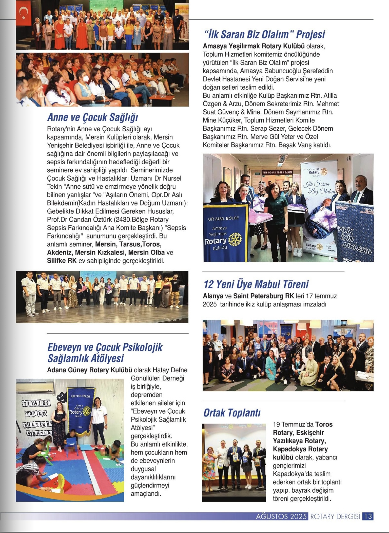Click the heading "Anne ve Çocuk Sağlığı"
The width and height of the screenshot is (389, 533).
(x=93, y=117)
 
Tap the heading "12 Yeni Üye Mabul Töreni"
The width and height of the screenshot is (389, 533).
(x=256, y=284)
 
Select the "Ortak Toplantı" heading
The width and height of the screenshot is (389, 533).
(x=232, y=413)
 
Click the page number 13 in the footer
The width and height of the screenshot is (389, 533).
(x=368, y=516)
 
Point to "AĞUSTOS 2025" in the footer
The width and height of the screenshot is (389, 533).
(x=281, y=516)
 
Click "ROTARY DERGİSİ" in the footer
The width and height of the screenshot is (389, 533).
(x=335, y=516)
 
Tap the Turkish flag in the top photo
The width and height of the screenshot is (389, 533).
(x=24, y=15)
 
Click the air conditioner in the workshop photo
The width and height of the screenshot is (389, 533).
(x=35, y=387)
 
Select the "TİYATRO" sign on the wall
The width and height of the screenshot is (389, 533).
(x=36, y=403)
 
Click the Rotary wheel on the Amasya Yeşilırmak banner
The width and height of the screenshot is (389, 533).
(x=235, y=239)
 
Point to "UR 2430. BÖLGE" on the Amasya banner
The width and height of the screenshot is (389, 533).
(x=224, y=218)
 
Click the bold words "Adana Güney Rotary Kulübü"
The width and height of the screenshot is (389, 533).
(x=90, y=370)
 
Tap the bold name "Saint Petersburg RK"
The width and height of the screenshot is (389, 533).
(x=264, y=296)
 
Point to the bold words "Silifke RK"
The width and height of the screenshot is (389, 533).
(x=62, y=261)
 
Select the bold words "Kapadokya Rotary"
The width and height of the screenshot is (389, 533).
(x=300, y=449)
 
